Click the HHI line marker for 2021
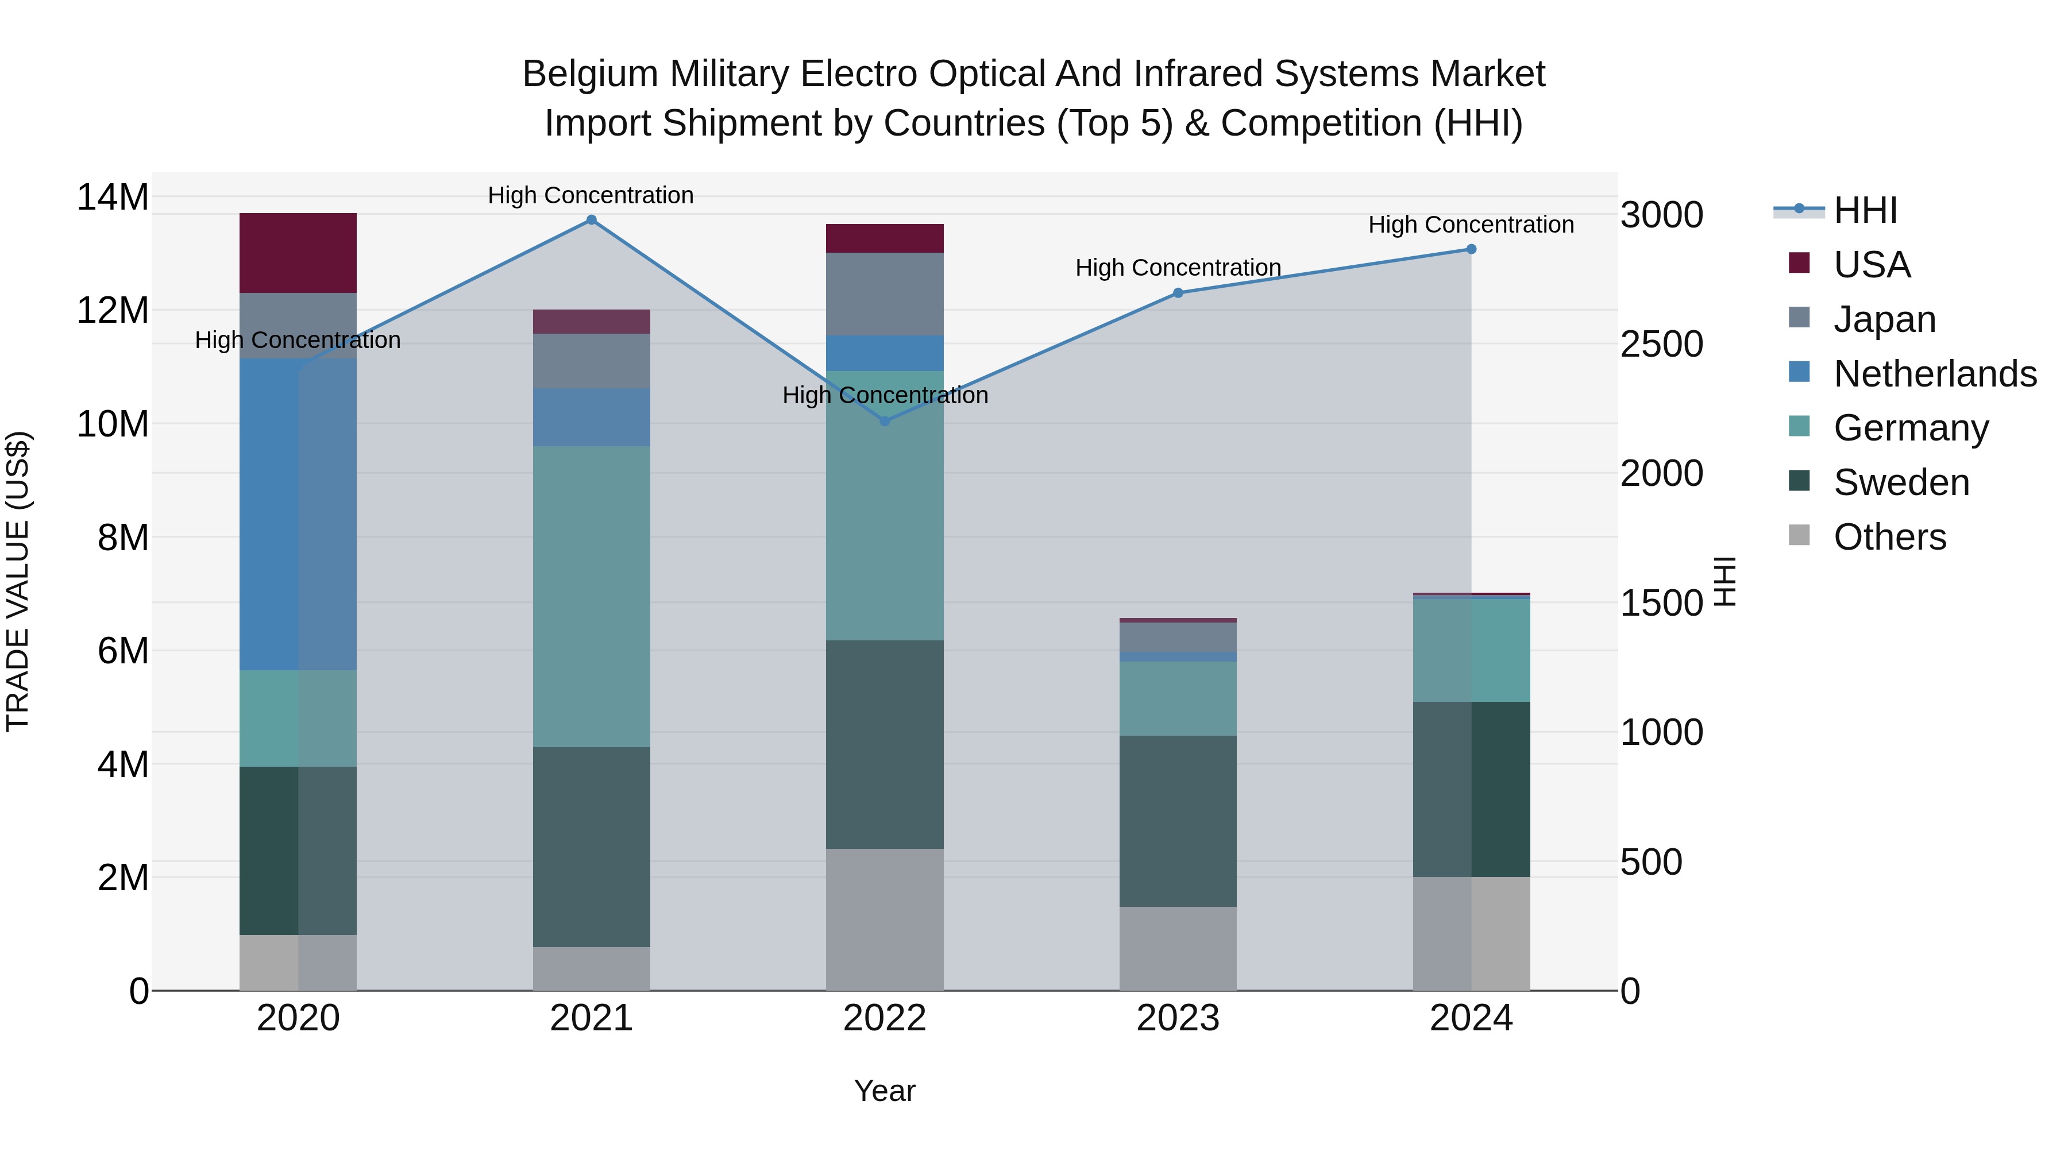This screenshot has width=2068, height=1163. pos(591,220)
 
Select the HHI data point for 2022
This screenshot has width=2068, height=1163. pos(885,420)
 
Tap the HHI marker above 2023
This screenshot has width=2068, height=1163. pos(1178,293)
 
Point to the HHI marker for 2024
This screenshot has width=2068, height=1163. pos(1471,250)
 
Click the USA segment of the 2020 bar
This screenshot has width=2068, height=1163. pos(298,253)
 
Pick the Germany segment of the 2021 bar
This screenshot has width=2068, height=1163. pos(591,596)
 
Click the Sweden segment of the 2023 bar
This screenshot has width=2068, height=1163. pos(1178,821)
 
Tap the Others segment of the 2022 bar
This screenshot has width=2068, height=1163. pos(885,919)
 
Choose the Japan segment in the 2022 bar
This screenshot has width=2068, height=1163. pos(885,293)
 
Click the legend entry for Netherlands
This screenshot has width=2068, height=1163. pos(1935,374)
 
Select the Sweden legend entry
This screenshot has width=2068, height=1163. pos(1901,482)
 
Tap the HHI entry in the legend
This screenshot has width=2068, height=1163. pos(1865,210)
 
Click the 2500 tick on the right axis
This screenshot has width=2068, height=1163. pos(1661,345)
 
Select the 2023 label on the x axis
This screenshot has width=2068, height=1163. pos(1178,1018)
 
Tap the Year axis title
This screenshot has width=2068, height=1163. pos(885,1091)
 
